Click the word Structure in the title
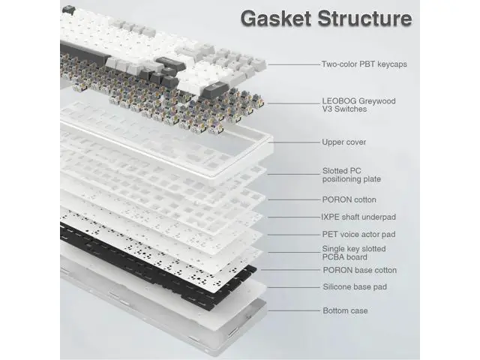click(364, 18)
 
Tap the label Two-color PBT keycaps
click(364, 64)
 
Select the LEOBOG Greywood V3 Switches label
click(358, 105)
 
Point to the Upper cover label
click(344, 142)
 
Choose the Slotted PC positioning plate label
click(352, 175)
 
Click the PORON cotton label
click(349, 199)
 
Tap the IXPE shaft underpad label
click(358, 217)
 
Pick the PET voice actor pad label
click(358, 235)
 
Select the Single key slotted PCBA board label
click(354, 253)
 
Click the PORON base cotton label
click(360, 270)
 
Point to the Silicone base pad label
click(355, 286)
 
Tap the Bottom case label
click(345, 310)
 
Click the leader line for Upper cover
click(295, 142)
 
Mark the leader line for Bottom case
click(295, 310)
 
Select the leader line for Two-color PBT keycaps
click(295, 64)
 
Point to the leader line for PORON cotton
click(294, 199)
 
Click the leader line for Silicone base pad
click(294, 287)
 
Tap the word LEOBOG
click(339, 101)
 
